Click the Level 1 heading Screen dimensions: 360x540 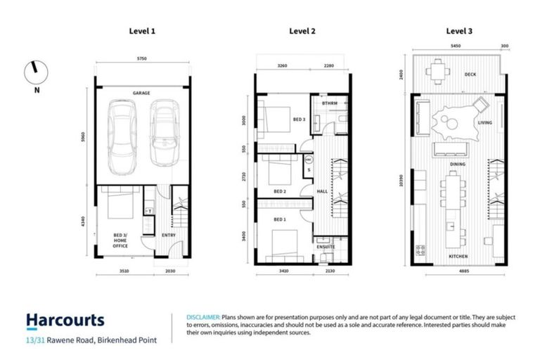coord(142,31)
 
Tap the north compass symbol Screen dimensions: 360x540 coord(33,71)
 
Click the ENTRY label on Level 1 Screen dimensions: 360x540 coord(169,235)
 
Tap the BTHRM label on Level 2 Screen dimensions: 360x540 coord(330,103)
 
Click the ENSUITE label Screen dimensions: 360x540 coord(326,247)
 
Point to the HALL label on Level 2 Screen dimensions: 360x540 coord(322,191)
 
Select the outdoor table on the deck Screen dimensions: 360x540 coord(438,70)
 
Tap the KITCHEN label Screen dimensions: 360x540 coord(458,257)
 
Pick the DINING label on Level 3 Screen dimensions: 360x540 coord(458,163)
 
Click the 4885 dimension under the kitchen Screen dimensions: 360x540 coord(458,270)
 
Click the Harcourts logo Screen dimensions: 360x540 coord(65,321)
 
